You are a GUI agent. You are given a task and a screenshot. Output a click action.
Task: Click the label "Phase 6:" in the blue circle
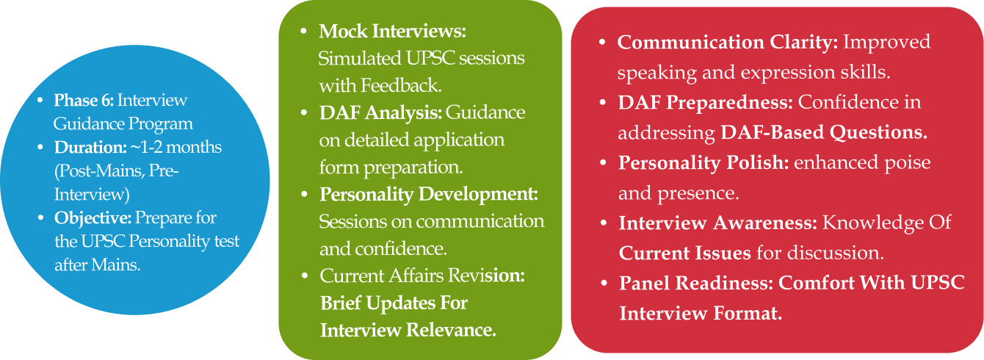click(x=84, y=100)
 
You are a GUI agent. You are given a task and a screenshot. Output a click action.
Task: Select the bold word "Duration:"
click(x=90, y=147)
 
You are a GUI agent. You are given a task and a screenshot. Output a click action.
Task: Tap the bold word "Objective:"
click(x=93, y=218)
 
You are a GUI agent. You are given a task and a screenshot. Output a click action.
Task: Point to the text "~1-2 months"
click(x=176, y=147)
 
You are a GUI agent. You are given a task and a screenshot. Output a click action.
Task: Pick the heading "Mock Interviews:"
click(x=392, y=31)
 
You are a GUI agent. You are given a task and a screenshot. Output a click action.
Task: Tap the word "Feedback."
click(x=401, y=86)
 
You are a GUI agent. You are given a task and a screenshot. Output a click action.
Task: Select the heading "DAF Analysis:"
click(x=380, y=113)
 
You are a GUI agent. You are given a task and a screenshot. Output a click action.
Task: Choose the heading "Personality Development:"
click(x=429, y=195)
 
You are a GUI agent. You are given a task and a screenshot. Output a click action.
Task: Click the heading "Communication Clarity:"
click(x=728, y=42)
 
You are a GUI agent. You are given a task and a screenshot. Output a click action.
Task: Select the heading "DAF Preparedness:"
click(x=706, y=102)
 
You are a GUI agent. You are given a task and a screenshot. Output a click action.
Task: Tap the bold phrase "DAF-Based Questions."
click(x=824, y=132)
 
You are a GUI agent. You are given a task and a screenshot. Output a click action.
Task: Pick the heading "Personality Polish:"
click(x=703, y=163)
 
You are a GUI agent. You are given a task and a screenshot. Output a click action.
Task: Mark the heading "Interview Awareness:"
click(x=718, y=223)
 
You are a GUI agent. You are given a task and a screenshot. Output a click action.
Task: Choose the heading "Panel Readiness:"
click(x=696, y=283)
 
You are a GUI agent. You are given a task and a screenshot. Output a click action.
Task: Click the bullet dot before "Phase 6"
click(x=40, y=101)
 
